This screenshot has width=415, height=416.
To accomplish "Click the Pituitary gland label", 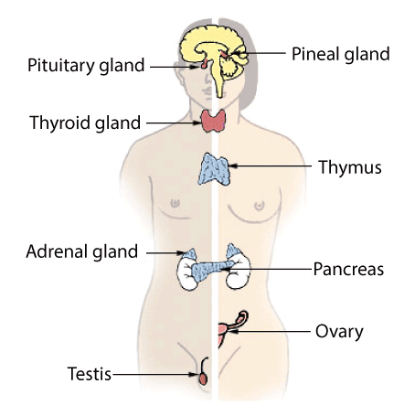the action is tap(86, 66).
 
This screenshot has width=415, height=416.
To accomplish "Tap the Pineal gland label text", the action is tap(341, 54).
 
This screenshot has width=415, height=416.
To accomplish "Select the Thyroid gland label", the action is tap(85, 123).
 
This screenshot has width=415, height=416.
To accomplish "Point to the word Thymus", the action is tap(350, 167).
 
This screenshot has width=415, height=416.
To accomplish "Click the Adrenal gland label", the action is tap(82, 251).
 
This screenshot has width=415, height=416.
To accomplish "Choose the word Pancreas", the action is tap(348, 269).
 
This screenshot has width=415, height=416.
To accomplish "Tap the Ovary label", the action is tap(339, 332).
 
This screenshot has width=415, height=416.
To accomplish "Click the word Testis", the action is tap(90, 374).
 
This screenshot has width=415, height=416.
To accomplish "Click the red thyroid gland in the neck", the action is tap(213, 121).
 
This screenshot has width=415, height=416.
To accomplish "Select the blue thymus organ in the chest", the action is tap(214, 169).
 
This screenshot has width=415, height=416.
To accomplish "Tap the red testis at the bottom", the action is tap(203, 379).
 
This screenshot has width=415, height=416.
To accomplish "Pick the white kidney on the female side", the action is tap(239, 272).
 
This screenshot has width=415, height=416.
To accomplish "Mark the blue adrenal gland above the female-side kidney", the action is tap(233, 251).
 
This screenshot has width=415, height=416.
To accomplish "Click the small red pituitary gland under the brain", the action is tap(204, 64).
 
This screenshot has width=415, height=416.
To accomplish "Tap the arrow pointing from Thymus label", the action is tap(270, 166).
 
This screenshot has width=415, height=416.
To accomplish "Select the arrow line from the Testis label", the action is tap(154, 374).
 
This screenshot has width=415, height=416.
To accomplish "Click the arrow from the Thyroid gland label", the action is tap(174, 123).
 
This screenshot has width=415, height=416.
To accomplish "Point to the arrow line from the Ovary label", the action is tap(270, 331).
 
